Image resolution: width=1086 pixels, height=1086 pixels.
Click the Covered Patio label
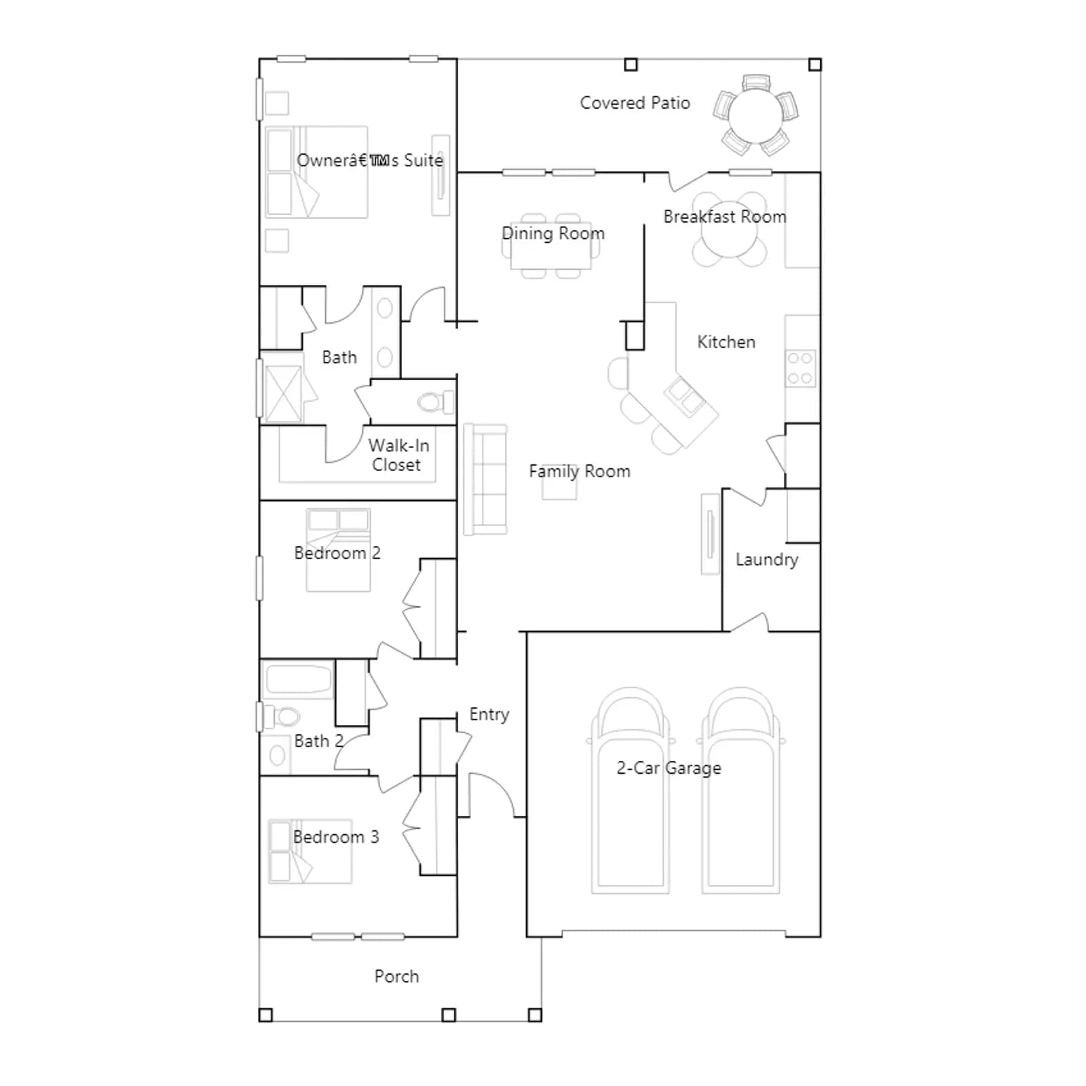click(x=635, y=103)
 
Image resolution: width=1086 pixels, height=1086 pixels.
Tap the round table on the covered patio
click(x=755, y=114)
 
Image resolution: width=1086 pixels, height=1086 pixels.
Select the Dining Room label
click(x=553, y=233)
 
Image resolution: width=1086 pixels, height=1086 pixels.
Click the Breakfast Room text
click(x=725, y=217)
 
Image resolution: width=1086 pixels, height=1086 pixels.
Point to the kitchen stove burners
click(x=800, y=369)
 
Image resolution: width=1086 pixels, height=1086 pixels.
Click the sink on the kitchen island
click(x=685, y=396)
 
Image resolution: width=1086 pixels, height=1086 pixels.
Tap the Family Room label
click(x=580, y=471)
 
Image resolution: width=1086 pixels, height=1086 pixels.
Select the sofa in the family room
click(x=485, y=479)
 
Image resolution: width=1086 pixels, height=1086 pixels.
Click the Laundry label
click(x=767, y=560)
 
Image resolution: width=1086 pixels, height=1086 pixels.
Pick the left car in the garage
click(x=631, y=791)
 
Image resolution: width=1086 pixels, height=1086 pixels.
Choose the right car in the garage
click(x=741, y=791)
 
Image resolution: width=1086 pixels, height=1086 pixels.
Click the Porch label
click(x=397, y=976)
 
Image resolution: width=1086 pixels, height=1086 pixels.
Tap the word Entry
click(x=489, y=715)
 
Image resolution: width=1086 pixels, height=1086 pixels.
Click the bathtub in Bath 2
click(x=298, y=679)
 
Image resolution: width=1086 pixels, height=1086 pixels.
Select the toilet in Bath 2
click(x=282, y=717)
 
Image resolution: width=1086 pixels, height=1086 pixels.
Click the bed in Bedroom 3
click(x=310, y=851)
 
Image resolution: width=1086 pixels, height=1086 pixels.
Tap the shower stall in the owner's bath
click(x=282, y=394)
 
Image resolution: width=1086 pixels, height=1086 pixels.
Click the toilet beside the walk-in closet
click(x=435, y=402)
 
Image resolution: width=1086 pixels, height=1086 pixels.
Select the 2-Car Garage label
click(x=669, y=768)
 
